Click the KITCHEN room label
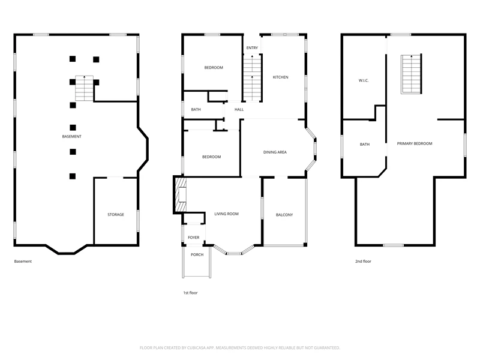coord(280,77)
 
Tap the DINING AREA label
coord(275,152)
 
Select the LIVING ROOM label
coord(226,214)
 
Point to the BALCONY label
coord(284,215)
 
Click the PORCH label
coord(197,254)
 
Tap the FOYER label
coord(193,238)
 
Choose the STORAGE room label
coord(116,215)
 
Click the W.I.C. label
coord(364,80)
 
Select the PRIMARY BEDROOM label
coord(415,143)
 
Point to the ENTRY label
coord(252,48)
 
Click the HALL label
coord(239,110)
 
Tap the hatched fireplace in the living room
coord(181,194)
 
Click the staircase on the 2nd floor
coord(411,74)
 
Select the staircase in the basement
coord(85,88)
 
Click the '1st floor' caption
coord(190,293)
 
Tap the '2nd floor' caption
coord(363,262)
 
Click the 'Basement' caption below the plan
coord(23,262)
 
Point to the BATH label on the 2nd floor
coord(365,145)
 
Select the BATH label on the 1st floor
coord(196,110)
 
